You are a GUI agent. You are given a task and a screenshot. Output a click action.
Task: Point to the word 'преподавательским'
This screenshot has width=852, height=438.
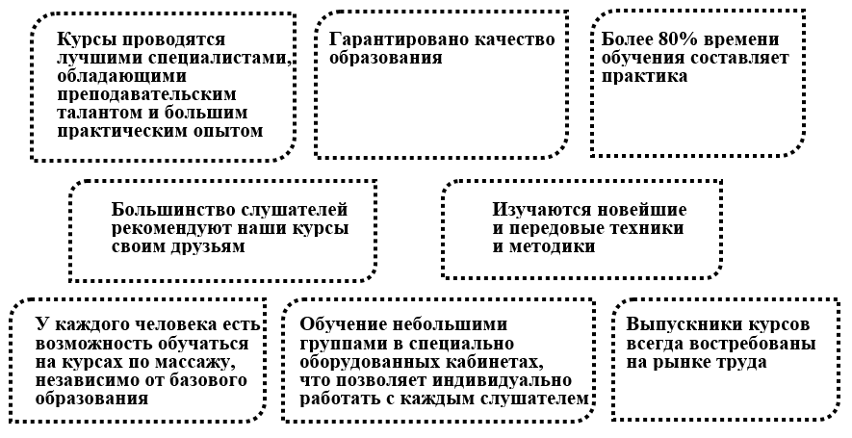click(x=145, y=94)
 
